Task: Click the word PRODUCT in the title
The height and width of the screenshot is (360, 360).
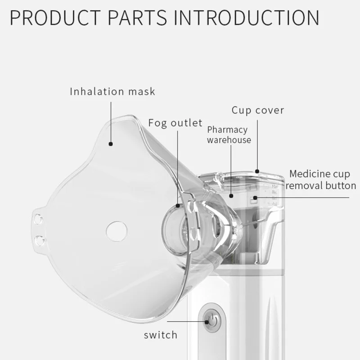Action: click(55, 18)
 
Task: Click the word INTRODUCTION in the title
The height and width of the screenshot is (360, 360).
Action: click(246, 18)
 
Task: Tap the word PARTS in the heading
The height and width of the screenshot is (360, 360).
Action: click(137, 18)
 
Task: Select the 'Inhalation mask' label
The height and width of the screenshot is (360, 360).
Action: click(112, 91)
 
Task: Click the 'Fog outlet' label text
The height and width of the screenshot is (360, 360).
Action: click(175, 123)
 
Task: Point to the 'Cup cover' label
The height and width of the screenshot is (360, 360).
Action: click(257, 110)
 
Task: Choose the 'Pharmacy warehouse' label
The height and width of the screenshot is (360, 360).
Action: click(229, 135)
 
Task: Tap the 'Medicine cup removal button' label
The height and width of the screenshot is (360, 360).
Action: click(321, 180)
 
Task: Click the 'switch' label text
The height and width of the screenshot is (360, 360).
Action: click(161, 335)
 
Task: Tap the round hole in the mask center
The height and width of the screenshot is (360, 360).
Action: click(117, 231)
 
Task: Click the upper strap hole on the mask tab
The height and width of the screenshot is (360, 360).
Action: click(38, 219)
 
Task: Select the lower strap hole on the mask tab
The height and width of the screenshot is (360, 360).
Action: click(40, 240)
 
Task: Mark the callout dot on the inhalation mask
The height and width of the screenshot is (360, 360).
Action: click(111, 144)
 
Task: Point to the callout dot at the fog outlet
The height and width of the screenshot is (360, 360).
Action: click(178, 206)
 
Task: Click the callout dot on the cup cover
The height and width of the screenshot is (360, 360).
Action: click(257, 171)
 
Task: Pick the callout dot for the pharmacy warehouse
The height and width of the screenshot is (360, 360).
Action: click(231, 196)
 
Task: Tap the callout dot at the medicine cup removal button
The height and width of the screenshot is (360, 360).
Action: click(255, 198)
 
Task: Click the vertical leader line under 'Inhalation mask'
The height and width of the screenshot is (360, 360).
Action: click(111, 122)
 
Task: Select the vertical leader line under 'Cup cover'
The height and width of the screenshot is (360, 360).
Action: click(257, 145)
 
